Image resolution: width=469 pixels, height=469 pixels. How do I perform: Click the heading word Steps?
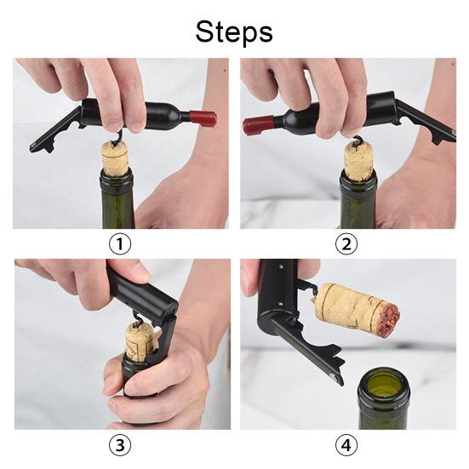click(234, 32)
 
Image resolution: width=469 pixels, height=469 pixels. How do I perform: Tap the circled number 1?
click(120, 243)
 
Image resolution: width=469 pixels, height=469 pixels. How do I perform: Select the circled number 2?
click(346, 243)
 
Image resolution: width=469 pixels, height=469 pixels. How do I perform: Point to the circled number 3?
click(120, 444)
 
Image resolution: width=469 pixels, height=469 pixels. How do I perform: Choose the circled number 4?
click(346, 444)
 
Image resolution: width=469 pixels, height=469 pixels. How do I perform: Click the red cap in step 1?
click(203, 117)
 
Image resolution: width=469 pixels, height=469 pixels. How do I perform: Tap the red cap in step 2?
click(258, 126)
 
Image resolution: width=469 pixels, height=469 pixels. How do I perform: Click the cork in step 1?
click(116, 159)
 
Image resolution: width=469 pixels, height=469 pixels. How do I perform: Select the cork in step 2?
click(358, 161)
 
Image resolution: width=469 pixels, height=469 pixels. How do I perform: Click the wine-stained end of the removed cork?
click(390, 320)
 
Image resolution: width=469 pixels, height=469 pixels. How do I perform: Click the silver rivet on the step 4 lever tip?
click(333, 376)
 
